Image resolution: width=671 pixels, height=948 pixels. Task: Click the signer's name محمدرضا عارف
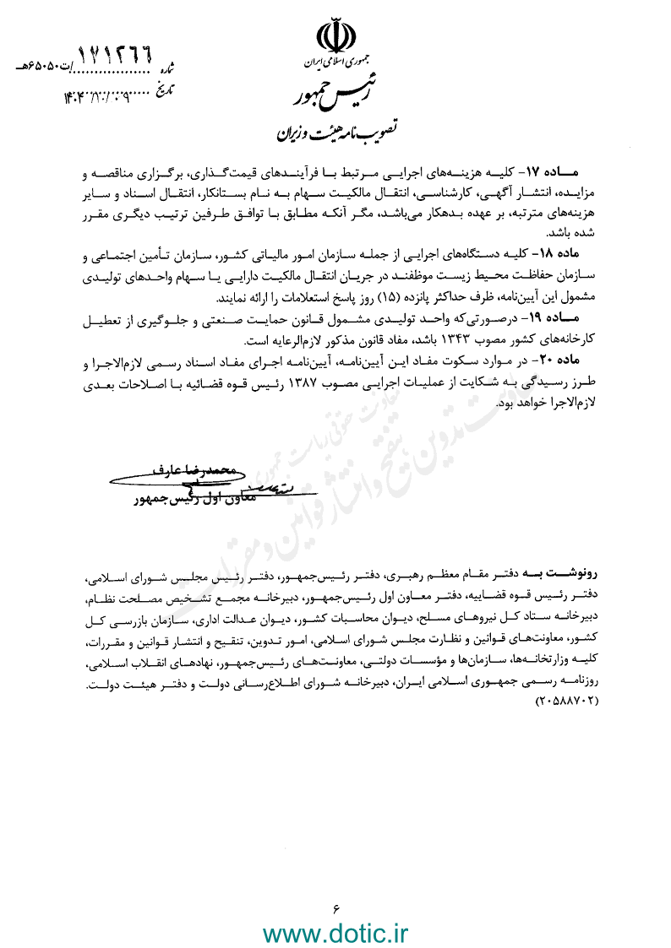[x=197, y=467]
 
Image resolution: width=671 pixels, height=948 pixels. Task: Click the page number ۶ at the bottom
[x=335, y=908]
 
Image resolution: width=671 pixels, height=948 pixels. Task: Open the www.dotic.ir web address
[x=335, y=933]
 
